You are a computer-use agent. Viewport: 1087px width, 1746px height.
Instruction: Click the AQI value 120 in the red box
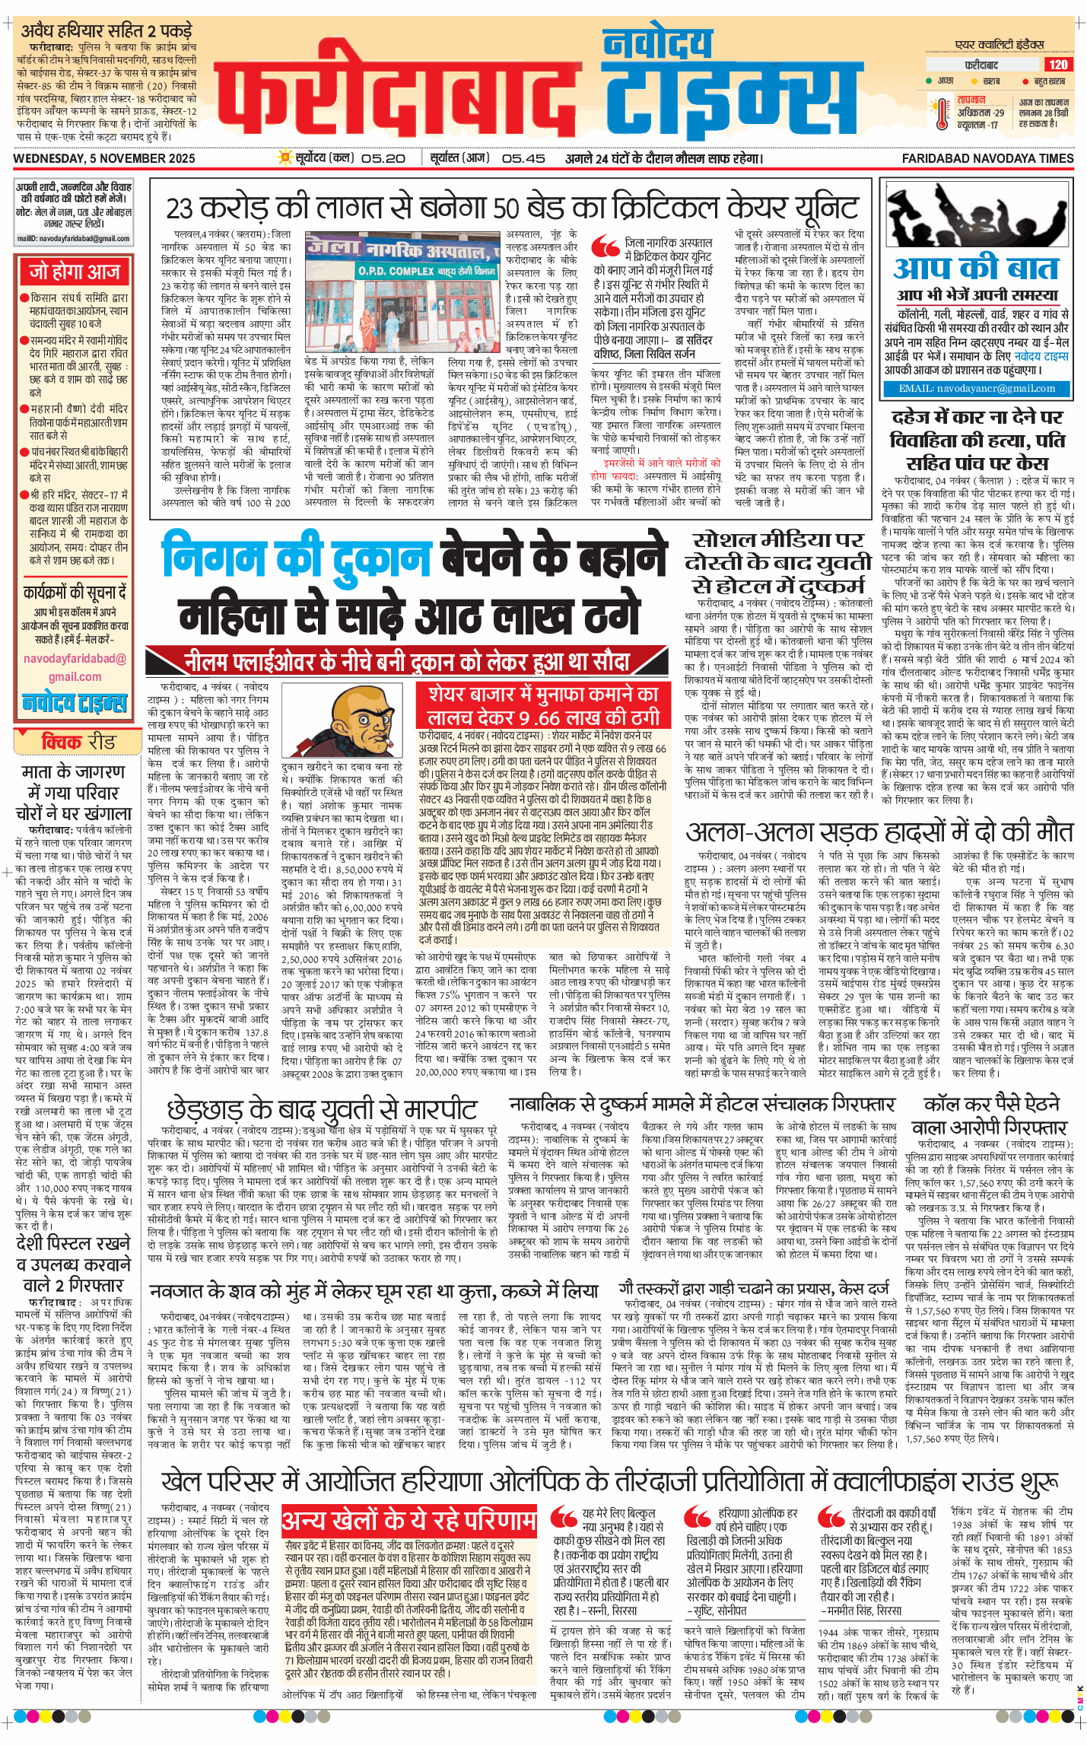(1057, 65)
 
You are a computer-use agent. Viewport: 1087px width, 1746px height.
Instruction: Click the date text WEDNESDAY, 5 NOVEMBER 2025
(104, 158)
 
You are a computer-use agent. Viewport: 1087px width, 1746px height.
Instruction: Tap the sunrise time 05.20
(383, 158)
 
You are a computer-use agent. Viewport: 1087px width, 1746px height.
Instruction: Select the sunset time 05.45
(523, 158)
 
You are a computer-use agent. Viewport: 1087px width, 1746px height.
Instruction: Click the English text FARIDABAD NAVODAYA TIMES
(987, 158)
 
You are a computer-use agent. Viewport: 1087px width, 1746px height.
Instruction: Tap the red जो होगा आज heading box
(74, 272)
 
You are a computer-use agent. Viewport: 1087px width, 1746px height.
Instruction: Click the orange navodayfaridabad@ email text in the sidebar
(75, 659)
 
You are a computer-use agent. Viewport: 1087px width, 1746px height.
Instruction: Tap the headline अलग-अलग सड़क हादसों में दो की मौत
(879, 831)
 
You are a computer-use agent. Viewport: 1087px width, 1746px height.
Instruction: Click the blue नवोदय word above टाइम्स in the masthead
(657, 44)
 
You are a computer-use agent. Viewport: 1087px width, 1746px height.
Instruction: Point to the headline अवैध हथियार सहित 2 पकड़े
(106, 31)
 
